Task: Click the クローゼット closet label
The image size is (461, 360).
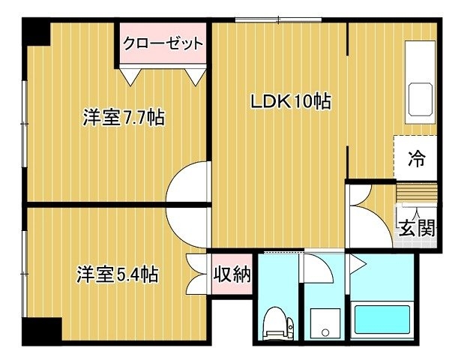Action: point(163,43)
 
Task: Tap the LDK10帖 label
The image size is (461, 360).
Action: point(291,101)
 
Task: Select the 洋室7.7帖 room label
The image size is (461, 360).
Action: point(124,117)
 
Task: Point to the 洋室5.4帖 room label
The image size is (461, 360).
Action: point(118,274)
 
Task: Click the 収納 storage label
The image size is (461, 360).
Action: point(232,274)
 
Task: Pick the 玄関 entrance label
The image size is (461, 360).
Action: point(417,228)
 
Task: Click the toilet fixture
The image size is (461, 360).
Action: point(278,323)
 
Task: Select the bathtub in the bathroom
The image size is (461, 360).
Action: point(382,319)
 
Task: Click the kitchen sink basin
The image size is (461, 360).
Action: point(421,100)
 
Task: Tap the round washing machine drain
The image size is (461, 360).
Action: point(325,332)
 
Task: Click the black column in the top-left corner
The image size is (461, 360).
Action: point(36,31)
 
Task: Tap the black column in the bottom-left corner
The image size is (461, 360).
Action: point(42,331)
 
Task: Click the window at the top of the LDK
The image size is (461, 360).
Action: point(278,20)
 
